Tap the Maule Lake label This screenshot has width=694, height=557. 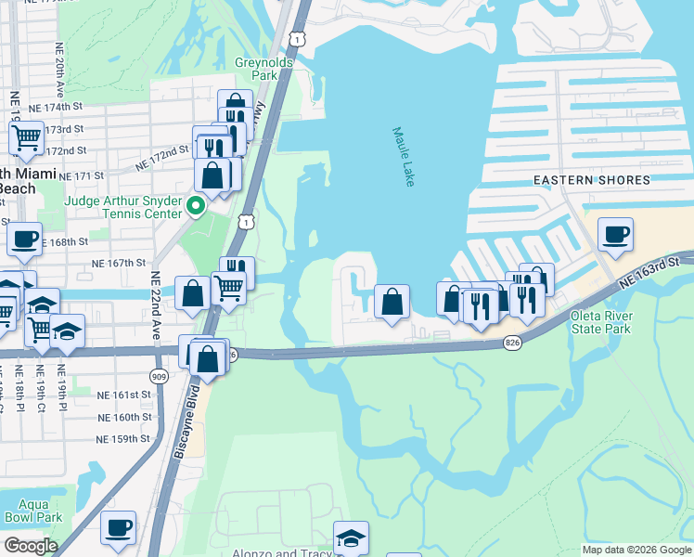pos(403,157)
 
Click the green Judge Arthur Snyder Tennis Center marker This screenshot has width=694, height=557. pos(196,204)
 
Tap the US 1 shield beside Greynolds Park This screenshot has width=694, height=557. pos(296,37)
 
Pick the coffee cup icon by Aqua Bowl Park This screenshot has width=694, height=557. pos(118,527)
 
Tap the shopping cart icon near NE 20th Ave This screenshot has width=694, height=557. pos(27,138)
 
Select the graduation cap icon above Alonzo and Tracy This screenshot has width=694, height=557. pos(351,538)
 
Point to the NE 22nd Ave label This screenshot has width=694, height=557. pos(155,306)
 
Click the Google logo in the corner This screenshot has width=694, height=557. pos(31,546)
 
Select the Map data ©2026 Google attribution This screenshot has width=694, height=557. pos(636,550)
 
